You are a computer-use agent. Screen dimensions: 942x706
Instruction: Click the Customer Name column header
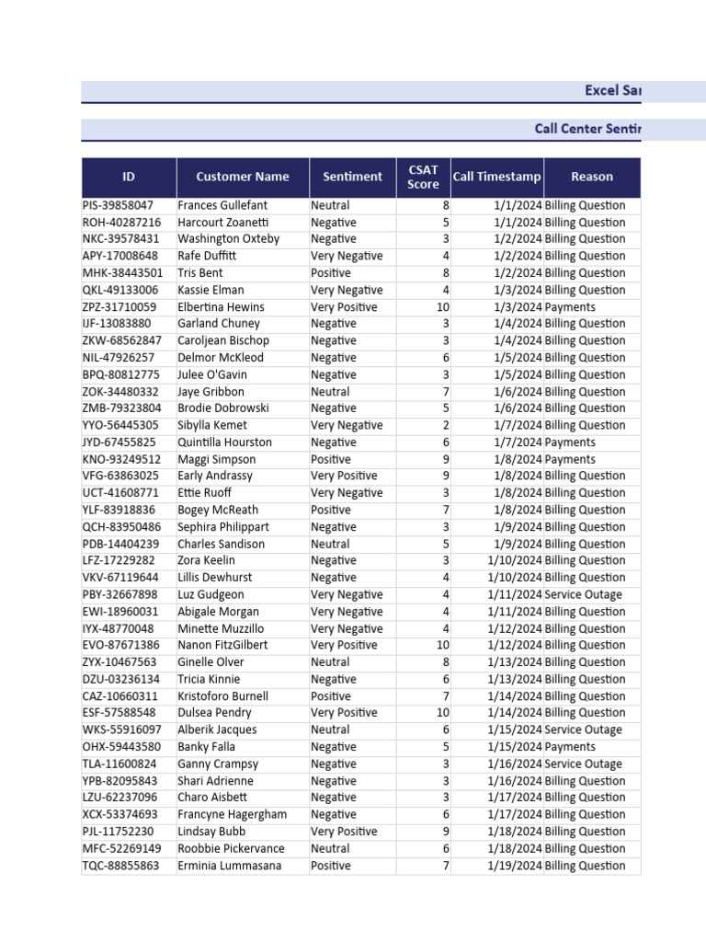point(243,177)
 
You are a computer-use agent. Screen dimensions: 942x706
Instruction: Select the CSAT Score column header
point(423,177)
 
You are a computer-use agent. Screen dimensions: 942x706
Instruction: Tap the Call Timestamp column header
point(496,177)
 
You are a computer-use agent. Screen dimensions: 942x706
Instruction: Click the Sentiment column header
point(352,177)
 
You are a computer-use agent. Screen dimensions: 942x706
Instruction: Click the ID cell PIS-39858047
point(118,205)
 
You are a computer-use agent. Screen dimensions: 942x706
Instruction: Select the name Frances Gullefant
point(222,205)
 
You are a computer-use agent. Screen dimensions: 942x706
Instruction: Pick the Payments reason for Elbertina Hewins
point(570,307)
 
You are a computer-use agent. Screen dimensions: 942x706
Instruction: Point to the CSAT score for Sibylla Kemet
point(446,425)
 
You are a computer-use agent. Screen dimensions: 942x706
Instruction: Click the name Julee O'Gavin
point(212,374)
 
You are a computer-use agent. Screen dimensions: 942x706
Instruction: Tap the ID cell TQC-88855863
point(120,866)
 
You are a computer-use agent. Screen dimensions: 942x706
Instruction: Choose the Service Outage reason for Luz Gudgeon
point(583,594)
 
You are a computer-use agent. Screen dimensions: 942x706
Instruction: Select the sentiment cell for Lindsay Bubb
point(344,832)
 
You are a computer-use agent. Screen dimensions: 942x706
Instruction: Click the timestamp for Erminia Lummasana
point(515,866)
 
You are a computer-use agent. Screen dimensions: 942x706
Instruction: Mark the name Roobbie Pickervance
point(231,848)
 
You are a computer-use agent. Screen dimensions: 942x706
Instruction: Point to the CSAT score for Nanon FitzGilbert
point(443,645)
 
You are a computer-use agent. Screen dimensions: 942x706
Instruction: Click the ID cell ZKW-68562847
point(120,340)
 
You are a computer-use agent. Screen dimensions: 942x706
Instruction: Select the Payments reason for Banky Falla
point(570,747)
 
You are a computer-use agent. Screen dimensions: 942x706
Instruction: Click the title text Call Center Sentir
point(587,129)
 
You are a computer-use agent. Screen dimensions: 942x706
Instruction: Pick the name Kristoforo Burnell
point(222,696)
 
